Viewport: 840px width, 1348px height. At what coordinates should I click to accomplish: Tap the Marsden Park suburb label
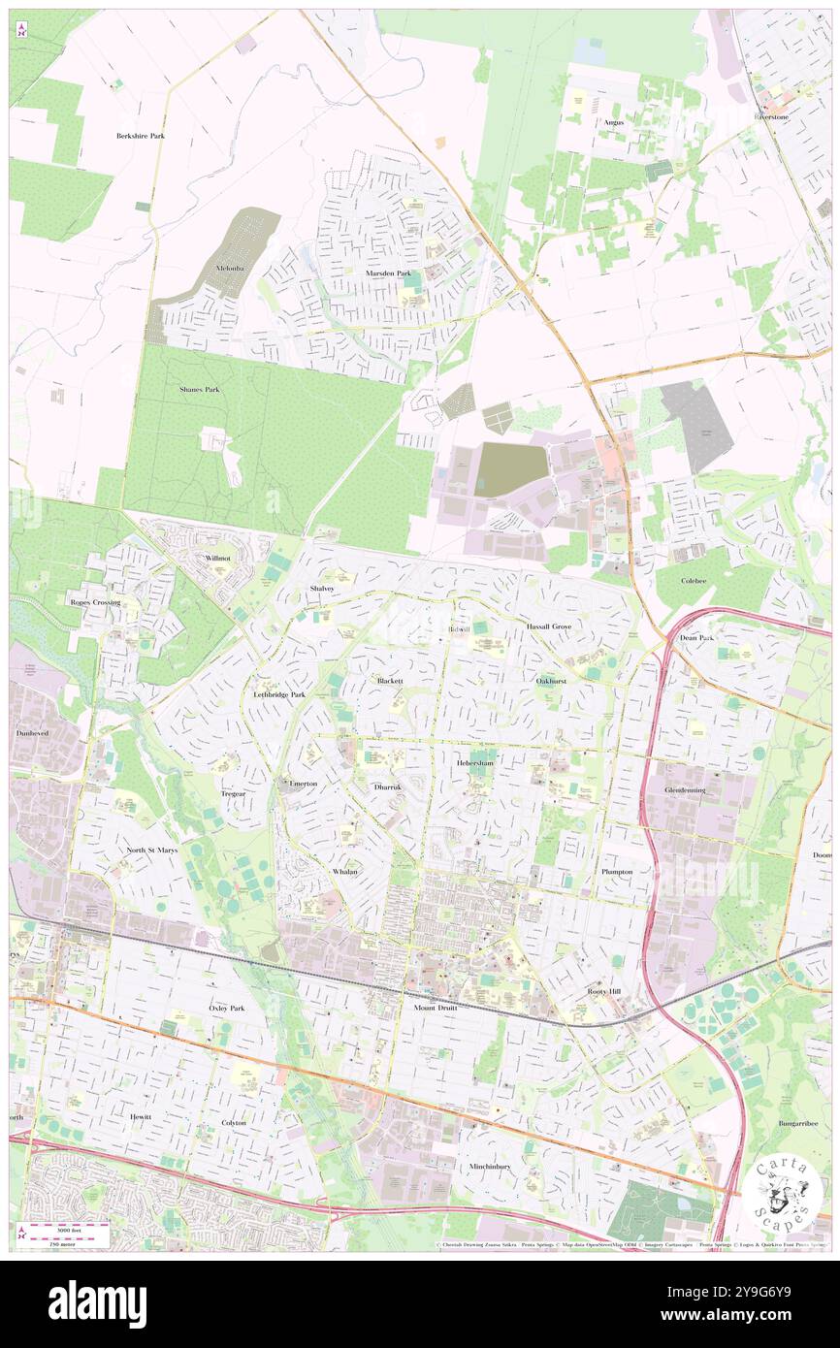pos(388,273)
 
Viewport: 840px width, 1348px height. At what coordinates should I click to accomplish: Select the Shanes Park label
pos(199,389)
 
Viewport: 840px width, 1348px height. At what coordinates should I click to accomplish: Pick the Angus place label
pos(613,123)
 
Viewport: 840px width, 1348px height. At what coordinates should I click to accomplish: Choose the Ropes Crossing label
pos(95,602)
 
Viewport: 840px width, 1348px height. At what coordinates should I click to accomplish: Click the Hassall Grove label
pos(549,627)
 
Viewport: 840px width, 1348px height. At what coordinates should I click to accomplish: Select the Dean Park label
pos(696,638)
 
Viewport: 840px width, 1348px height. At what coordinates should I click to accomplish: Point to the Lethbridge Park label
pos(279,695)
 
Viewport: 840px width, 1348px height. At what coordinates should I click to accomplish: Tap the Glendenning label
pos(685,790)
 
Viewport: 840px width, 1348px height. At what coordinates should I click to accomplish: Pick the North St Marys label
pos(151,851)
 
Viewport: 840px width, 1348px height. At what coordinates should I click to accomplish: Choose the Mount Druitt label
pos(435,1008)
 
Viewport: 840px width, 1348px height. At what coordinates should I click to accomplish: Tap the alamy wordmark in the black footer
pos(97,1304)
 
